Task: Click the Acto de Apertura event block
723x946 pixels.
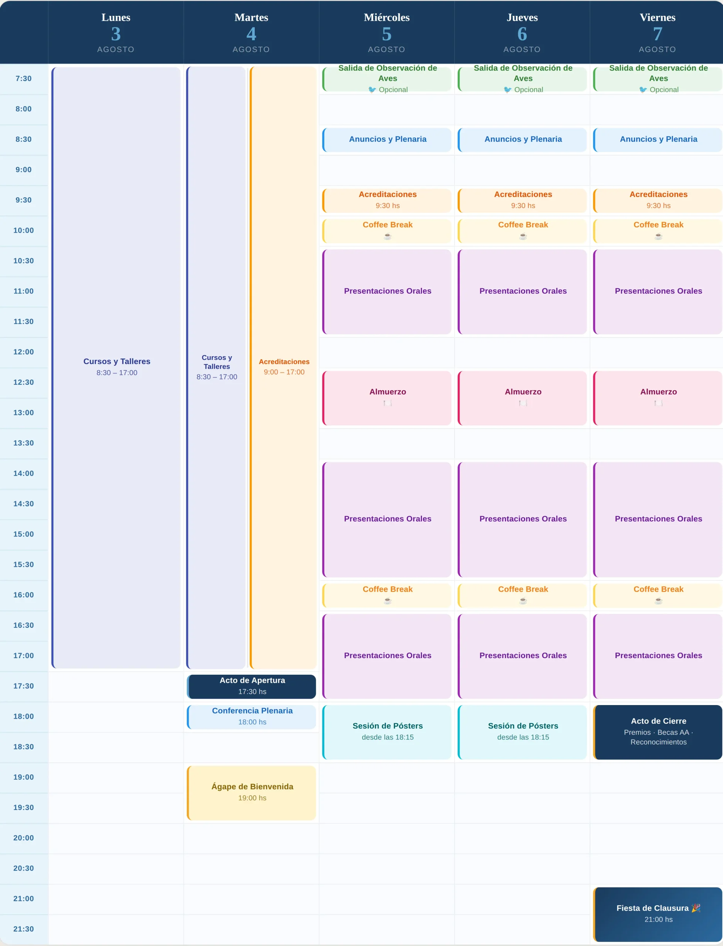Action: (251, 686)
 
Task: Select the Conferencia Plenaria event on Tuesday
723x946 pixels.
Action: (251, 717)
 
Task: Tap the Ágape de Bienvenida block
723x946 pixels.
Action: (251, 793)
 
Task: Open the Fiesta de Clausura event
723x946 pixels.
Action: (658, 914)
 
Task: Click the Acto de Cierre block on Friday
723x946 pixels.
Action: (658, 732)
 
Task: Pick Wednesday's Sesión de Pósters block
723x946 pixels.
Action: (387, 732)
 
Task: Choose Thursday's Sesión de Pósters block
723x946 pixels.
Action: (522, 732)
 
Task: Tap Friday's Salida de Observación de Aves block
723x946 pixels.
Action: (658, 79)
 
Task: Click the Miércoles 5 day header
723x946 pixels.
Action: (387, 33)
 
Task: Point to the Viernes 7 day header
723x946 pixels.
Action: (658, 33)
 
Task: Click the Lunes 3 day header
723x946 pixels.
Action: (116, 33)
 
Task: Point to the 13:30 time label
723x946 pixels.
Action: (24, 443)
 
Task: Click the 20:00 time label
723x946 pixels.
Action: (24, 838)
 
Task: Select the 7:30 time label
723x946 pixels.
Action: (24, 78)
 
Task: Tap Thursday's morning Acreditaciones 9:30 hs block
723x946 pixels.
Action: (522, 200)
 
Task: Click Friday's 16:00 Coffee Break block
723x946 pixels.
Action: (658, 595)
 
